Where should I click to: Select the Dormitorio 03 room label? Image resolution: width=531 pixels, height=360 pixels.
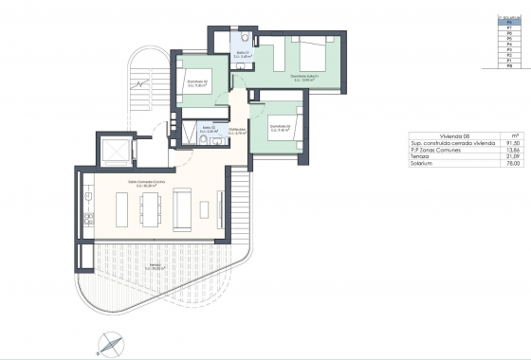click(282, 128)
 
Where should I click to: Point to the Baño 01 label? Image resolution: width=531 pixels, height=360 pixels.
click(244, 55)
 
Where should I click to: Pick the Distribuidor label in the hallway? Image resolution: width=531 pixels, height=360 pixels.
click(238, 132)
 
